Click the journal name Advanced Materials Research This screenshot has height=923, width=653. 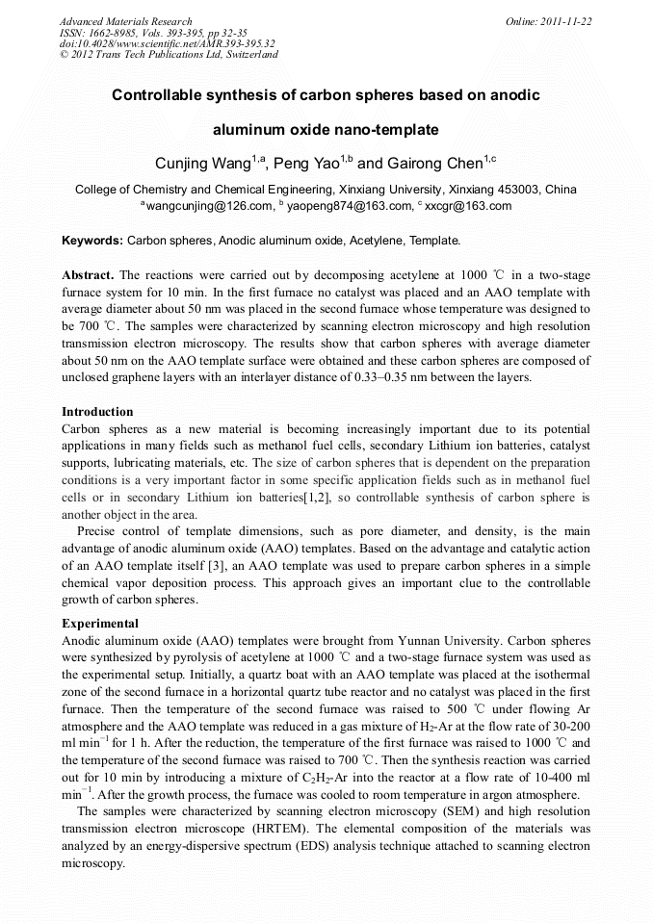126,21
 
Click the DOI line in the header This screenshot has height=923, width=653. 167,43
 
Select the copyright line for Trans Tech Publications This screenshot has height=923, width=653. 169,55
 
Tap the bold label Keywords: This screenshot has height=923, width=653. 92,241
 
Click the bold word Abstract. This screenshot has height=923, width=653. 89,275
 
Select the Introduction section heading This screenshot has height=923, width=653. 97,412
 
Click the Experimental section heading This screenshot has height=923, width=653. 100,624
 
